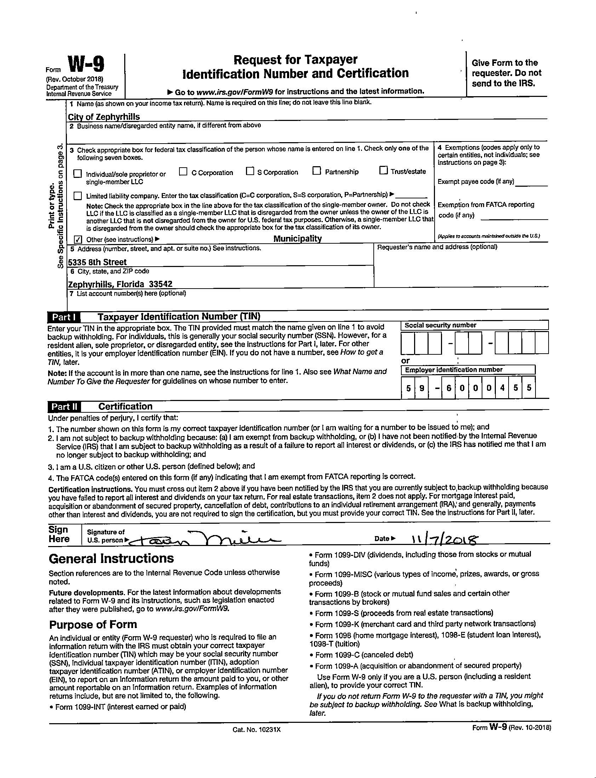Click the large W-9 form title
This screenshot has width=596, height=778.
86,65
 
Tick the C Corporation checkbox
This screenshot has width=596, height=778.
183,172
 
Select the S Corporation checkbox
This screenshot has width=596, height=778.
250,171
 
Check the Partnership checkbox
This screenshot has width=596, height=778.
316,171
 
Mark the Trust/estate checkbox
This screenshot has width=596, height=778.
383,170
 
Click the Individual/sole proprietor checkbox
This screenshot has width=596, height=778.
78,174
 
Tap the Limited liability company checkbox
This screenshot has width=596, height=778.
78,196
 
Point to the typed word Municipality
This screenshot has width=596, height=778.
297,239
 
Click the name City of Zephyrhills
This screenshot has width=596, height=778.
104,117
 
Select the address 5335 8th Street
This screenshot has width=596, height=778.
97,262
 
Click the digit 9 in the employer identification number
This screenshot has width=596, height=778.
422,388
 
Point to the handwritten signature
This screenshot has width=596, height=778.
206,539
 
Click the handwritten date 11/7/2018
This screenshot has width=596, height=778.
445,540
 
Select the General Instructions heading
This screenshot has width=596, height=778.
111,559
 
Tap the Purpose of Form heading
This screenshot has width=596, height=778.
93,624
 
